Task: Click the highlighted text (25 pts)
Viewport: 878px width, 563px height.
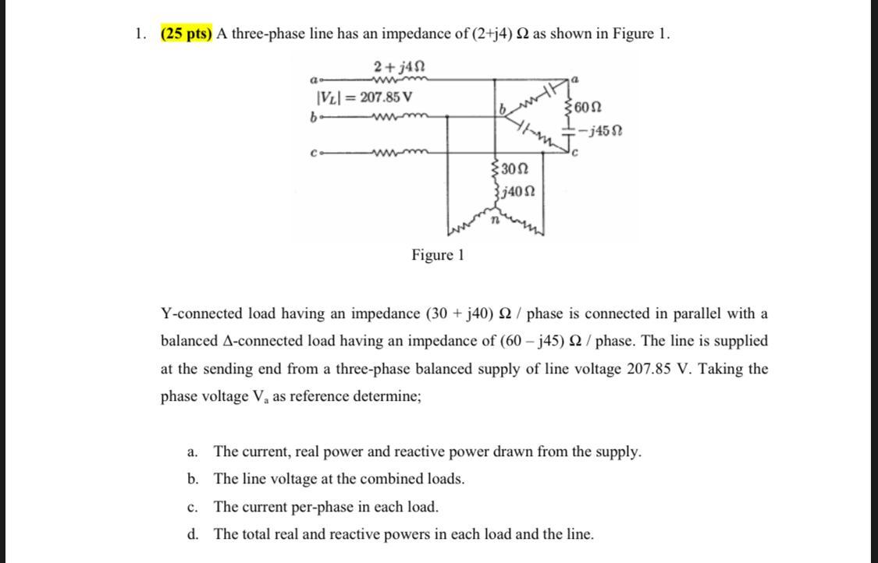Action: coord(187,34)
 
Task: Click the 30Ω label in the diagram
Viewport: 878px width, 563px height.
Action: coord(514,169)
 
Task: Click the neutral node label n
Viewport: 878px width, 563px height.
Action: coord(494,221)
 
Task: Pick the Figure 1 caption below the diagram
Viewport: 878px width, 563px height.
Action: coord(438,255)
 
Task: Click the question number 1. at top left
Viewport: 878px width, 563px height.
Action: coord(140,34)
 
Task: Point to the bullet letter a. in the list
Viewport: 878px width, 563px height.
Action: coord(192,452)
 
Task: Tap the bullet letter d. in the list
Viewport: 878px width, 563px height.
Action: coord(192,535)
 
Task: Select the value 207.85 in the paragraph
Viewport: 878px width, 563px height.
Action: coord(653,369)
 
